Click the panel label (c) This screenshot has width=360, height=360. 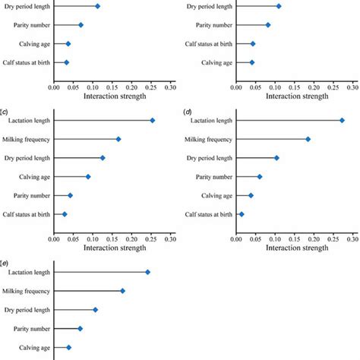pyautogui.click(x=5, y=111)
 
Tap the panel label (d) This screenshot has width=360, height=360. pyautogui.click(x=188, y=111)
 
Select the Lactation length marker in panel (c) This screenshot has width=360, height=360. pyautogui.click(x=153, y=120)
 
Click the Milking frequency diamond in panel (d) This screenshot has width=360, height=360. pyautogui.click(x=308, y=139)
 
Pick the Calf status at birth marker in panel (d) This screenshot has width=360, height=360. pyautogui.click(x=242, y=214)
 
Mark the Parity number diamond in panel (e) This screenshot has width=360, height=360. pyautogui.click(x=80, y=328)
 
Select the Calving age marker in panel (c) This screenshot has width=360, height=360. pyautogui.click(x=88, y=176)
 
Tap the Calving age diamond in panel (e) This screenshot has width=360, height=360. pyautogui.click(x=68, y=347)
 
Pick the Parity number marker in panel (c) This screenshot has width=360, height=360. pyautogui.click(x=70, y=195)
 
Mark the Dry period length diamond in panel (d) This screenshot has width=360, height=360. pyautogui.click(x=276, y=158)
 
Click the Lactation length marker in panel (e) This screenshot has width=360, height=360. pyautogui.click(x=148, y=272)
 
